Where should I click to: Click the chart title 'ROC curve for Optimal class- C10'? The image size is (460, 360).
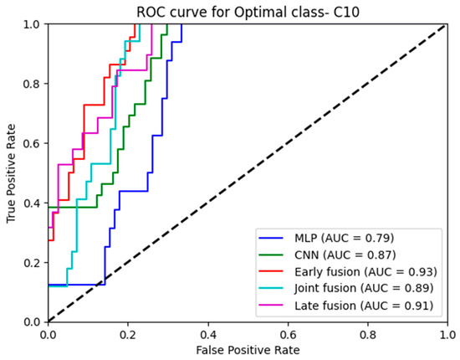coord(248,10)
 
